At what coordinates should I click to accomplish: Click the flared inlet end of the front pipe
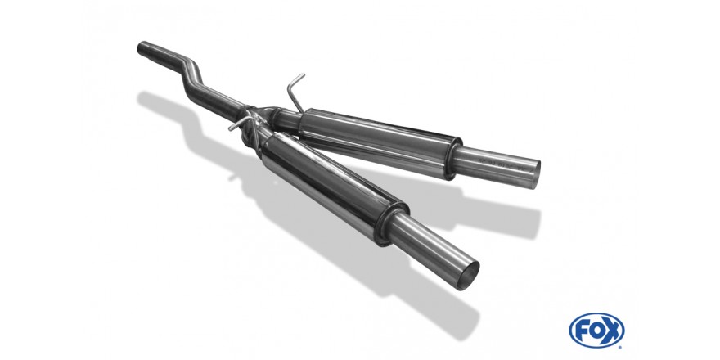[x=145, y=47]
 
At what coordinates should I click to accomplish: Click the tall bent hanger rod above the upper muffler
[x=295, y=92]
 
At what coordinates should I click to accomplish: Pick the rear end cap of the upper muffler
[x=452, y=159]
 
